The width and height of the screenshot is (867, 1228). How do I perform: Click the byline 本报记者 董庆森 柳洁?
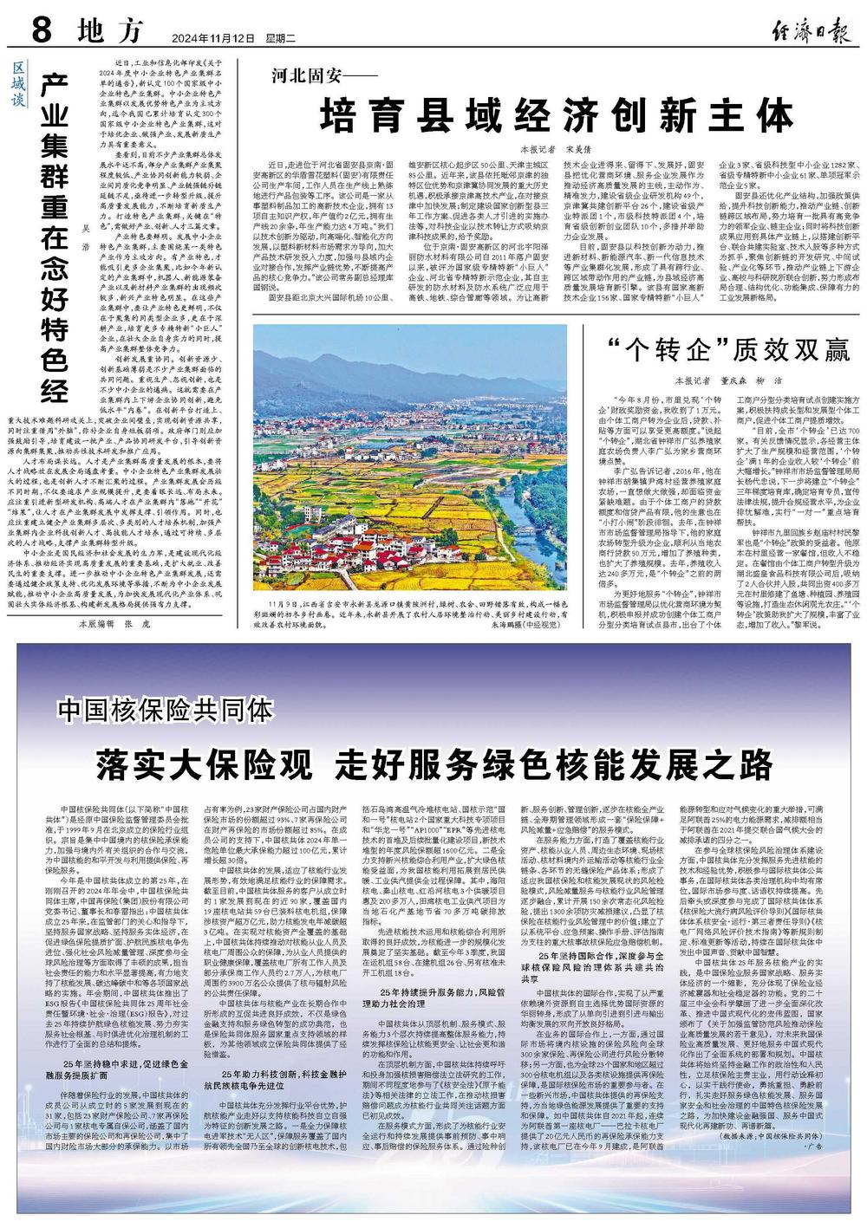coord(733,379)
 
